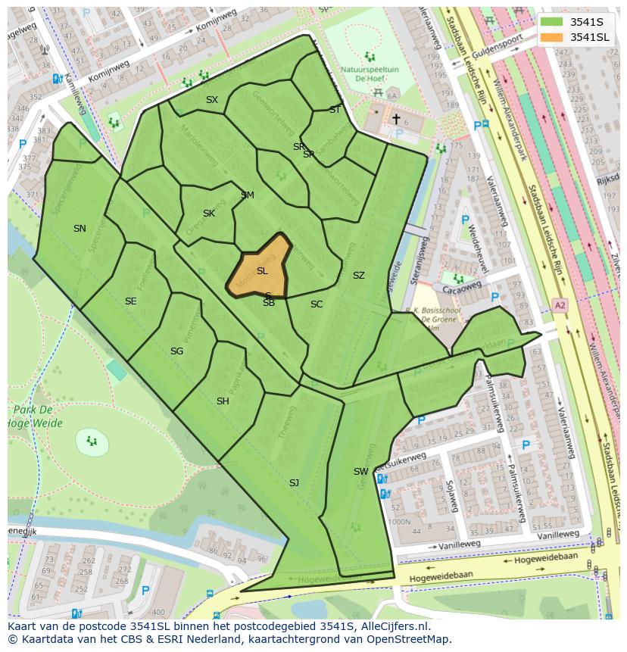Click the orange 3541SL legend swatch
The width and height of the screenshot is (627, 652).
pyautogui.click(x=552, y=37)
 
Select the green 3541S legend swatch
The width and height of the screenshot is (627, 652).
pyautogui.click(x=552, y=21)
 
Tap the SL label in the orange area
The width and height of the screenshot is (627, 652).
pyautogui.click(x=262, y=270)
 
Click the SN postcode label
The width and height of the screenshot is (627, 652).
pyautogui.click(x=80, y=228)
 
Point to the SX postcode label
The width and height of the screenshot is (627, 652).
pyautogui.click(x=212, y=99)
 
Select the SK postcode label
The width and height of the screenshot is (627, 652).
pyautogui.click(x=209, y=213)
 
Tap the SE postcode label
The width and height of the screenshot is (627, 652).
pyautogui.click(x=130, y=301)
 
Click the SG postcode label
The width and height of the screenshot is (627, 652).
pyautogui.click(x=176, y=351)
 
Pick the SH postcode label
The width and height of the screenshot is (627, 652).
pyautogui.click(x=223, y=401)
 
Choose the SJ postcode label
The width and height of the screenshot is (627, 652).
pyautogui.click(x=294, y=482)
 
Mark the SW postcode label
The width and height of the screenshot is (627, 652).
pyautogui.click(x=360, y=471)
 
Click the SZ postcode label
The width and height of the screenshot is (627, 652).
pyautogui.click(x=358, y=275)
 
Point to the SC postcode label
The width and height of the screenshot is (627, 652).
pyautogui.click(x=317, y=304)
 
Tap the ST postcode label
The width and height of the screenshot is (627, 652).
pyautogui.click(x=335, y=110)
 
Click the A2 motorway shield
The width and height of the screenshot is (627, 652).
pyautogui.click(x=559, y=305)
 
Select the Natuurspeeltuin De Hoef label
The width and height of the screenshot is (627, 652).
pyautogui.click(x=368, y=73)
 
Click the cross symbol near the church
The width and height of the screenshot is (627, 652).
pyautogui.click(x=395, y=119)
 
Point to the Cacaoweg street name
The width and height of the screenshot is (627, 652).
pyautogui.click(x=463, y=288)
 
